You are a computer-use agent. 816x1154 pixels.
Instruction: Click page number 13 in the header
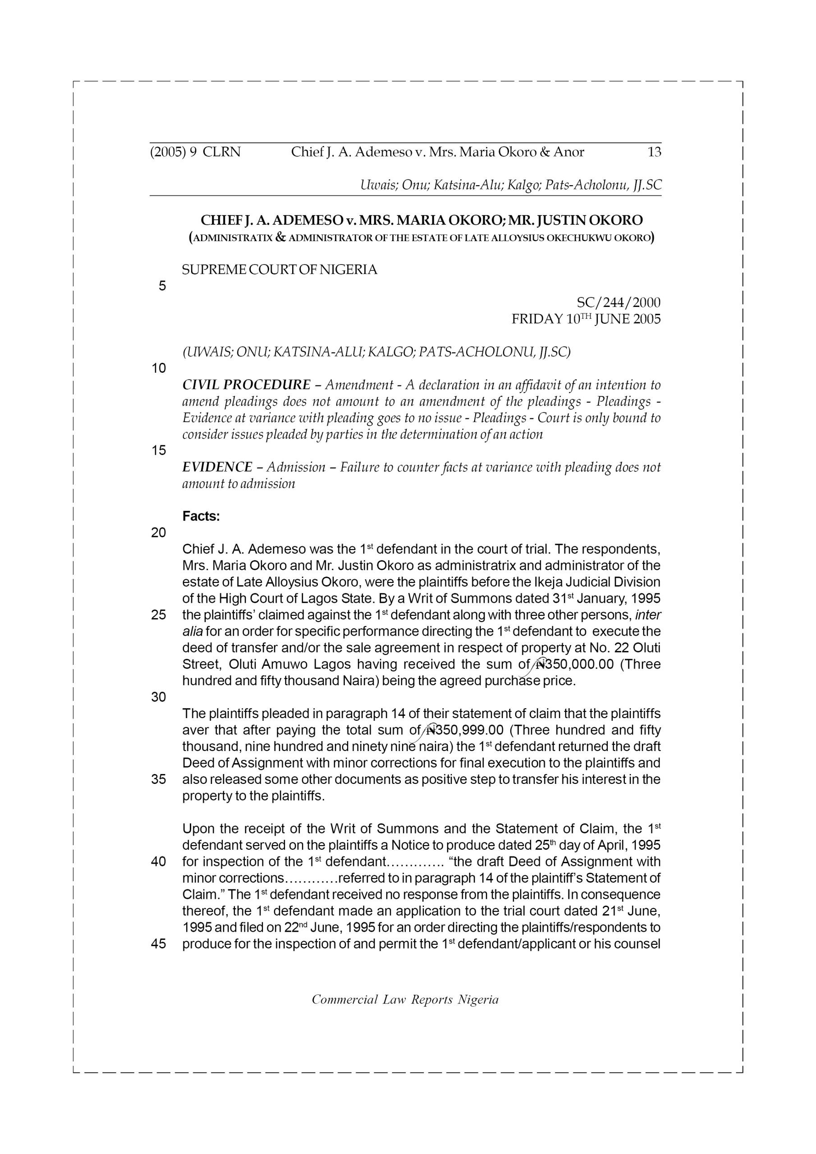point(654,152)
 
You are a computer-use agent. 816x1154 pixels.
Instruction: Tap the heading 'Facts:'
point(201,516)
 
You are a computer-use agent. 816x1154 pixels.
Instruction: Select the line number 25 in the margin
point(158,615)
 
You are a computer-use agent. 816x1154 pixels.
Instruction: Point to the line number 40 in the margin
point(158,861)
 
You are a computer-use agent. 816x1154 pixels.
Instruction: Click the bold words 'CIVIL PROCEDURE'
point(246,385)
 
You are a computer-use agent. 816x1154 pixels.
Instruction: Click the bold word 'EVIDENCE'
point(217,467)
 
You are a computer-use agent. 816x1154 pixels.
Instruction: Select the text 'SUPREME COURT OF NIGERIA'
point(279,270)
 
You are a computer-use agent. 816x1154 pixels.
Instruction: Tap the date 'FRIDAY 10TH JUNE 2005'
point(586,319)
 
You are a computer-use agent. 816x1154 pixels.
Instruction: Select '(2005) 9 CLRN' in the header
point(195,152)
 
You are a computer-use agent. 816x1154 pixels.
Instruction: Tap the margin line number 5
point(162,286)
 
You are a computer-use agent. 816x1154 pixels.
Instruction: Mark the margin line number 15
point(158,450)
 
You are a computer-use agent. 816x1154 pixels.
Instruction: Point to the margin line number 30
point(158,696)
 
